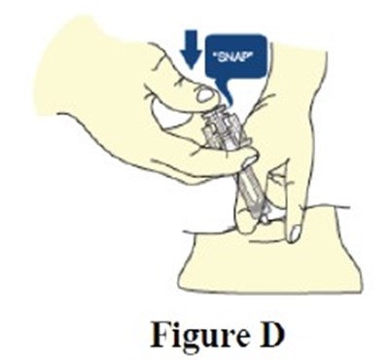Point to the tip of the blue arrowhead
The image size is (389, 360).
[193, 69]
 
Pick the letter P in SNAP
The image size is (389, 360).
[247, 60]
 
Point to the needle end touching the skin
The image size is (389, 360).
[265, 220]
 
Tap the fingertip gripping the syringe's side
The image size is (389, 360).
[250, 160]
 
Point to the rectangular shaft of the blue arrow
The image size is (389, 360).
[193, 41]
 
